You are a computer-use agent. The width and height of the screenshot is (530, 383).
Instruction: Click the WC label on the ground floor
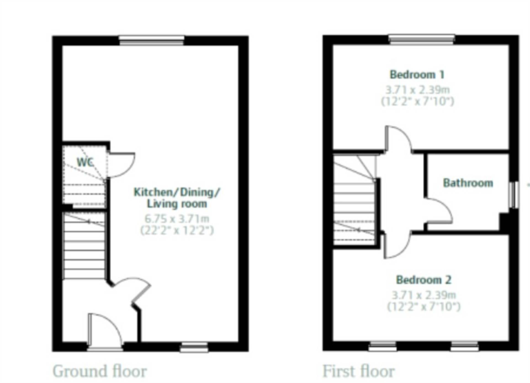tap(85, 162)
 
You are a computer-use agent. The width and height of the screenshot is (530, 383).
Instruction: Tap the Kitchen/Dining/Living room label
tap(177, 198)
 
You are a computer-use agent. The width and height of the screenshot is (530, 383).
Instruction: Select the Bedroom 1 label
tap(417, 75)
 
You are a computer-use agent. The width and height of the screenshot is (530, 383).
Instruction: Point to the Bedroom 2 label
tap(424, 280)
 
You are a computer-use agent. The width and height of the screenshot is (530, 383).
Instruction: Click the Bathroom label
tap(468, 183)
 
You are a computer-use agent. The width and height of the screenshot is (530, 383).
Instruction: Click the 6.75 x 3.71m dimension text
tap(177, 219)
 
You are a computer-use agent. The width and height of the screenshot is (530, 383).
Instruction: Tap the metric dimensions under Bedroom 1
tap(417, 90)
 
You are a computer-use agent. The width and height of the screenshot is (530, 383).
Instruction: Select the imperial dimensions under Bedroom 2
tap(424, 307)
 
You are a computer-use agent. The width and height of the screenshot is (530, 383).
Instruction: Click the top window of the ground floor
tap(152, 40)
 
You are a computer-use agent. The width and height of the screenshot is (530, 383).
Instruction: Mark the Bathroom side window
tap(514, 195)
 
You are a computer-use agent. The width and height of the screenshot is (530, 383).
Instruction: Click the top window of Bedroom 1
tap(422, 39)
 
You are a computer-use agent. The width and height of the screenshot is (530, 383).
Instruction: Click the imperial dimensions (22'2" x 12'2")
tap(177, 230)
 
